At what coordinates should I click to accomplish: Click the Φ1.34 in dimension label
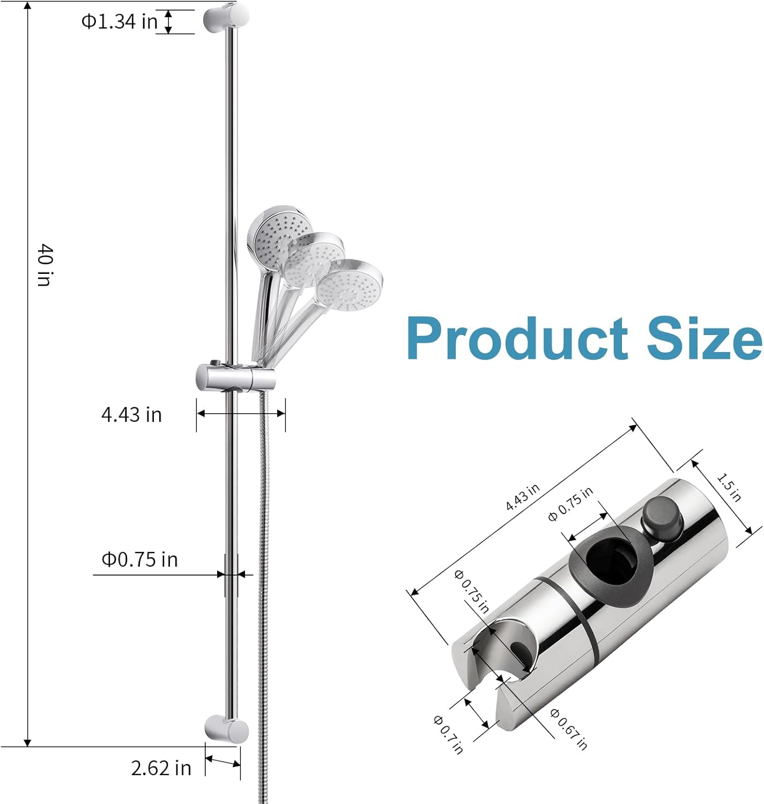[x=119, y=21]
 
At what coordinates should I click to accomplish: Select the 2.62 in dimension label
[x=161, y=768]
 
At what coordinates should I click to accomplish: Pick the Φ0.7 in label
[x=448, y=734]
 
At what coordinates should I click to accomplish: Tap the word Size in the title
[x=704, y=339]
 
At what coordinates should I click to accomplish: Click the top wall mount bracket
[x=226, y=18]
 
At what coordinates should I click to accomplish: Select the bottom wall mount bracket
[x=227, y=729]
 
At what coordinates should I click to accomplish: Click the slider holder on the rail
[x=236, y=378]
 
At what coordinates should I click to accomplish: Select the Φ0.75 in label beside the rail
[x=139, y=560]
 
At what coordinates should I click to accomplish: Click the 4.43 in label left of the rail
[x=131, y=415]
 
